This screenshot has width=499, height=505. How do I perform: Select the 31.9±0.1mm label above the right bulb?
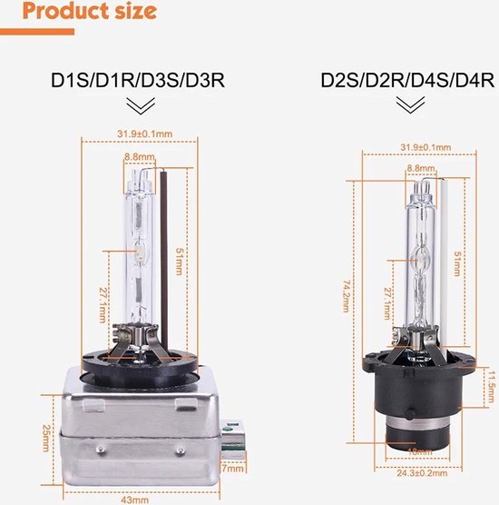426,147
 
